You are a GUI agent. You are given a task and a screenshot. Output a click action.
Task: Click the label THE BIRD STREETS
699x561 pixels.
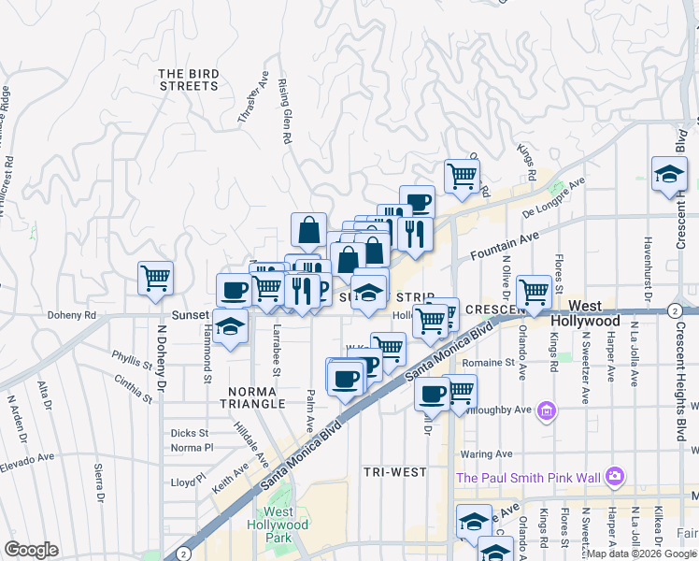(x=188, y=79)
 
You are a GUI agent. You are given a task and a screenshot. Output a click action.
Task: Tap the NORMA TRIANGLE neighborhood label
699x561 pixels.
(x=250, y=396)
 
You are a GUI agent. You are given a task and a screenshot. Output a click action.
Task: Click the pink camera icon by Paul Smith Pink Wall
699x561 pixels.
(x=614, y=477)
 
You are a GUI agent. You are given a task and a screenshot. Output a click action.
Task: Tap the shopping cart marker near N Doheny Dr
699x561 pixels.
(x=155, y=277)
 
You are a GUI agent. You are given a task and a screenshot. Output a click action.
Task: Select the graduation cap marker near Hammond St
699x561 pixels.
(x=229, y=327)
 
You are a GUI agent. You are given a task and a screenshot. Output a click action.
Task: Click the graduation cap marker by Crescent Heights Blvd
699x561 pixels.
(x=669, y=174)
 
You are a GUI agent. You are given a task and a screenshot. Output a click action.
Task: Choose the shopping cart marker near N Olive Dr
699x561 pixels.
(x=534, y=290)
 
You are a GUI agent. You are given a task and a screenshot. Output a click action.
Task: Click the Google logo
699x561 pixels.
(x=31, y=550)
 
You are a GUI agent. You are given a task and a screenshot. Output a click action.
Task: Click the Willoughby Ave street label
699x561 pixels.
(x=505, y=410)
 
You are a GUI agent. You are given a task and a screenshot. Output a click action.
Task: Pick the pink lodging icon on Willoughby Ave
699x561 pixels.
(x=546, y=410)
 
